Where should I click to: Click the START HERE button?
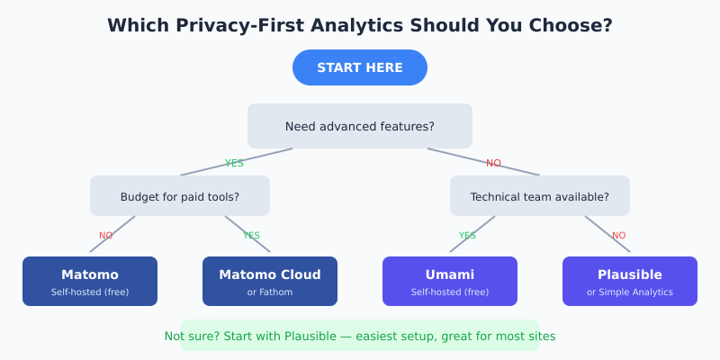click(x=360, y=67)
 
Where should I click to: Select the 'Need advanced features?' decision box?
click(x=360, y=126)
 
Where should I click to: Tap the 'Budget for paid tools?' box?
click(x=180, y=196)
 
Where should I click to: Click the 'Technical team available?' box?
click(x=540, y=196)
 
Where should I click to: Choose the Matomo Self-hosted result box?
click(x=90, y=281)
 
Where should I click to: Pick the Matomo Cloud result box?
click(x=270, y=281)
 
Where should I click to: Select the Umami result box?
click(x=450, y=281)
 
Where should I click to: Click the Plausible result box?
click(x=630, y=281)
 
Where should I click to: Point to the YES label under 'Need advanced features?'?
click(x=234, y=163)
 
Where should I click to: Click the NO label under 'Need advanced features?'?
click(x=493, y=163)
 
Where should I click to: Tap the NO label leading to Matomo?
click(x=106, y=236)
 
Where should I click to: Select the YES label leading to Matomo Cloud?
click(x=251, y=236)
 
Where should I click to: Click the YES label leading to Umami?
click(x=467, y=236)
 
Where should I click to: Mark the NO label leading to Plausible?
click(x=619, y=236)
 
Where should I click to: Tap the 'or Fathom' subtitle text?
click(x=270, y=292)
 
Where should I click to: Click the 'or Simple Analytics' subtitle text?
click(x=630, y=292)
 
